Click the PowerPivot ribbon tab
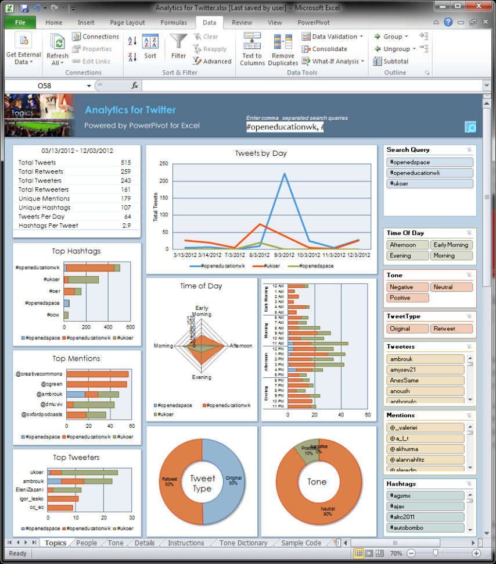[314, 23]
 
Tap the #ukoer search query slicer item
[429, 184]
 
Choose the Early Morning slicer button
[451, 245]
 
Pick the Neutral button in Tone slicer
[451, 287]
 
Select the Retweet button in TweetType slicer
[451, 329]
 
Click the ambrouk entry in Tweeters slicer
[425, 359]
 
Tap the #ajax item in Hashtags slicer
[425, 506]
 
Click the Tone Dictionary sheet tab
[243, 543]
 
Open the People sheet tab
[87, 543]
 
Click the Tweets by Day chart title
[261, 154]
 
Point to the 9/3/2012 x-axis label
[284, 254]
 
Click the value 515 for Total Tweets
[126, 163]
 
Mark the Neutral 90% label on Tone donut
[328, 510]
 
